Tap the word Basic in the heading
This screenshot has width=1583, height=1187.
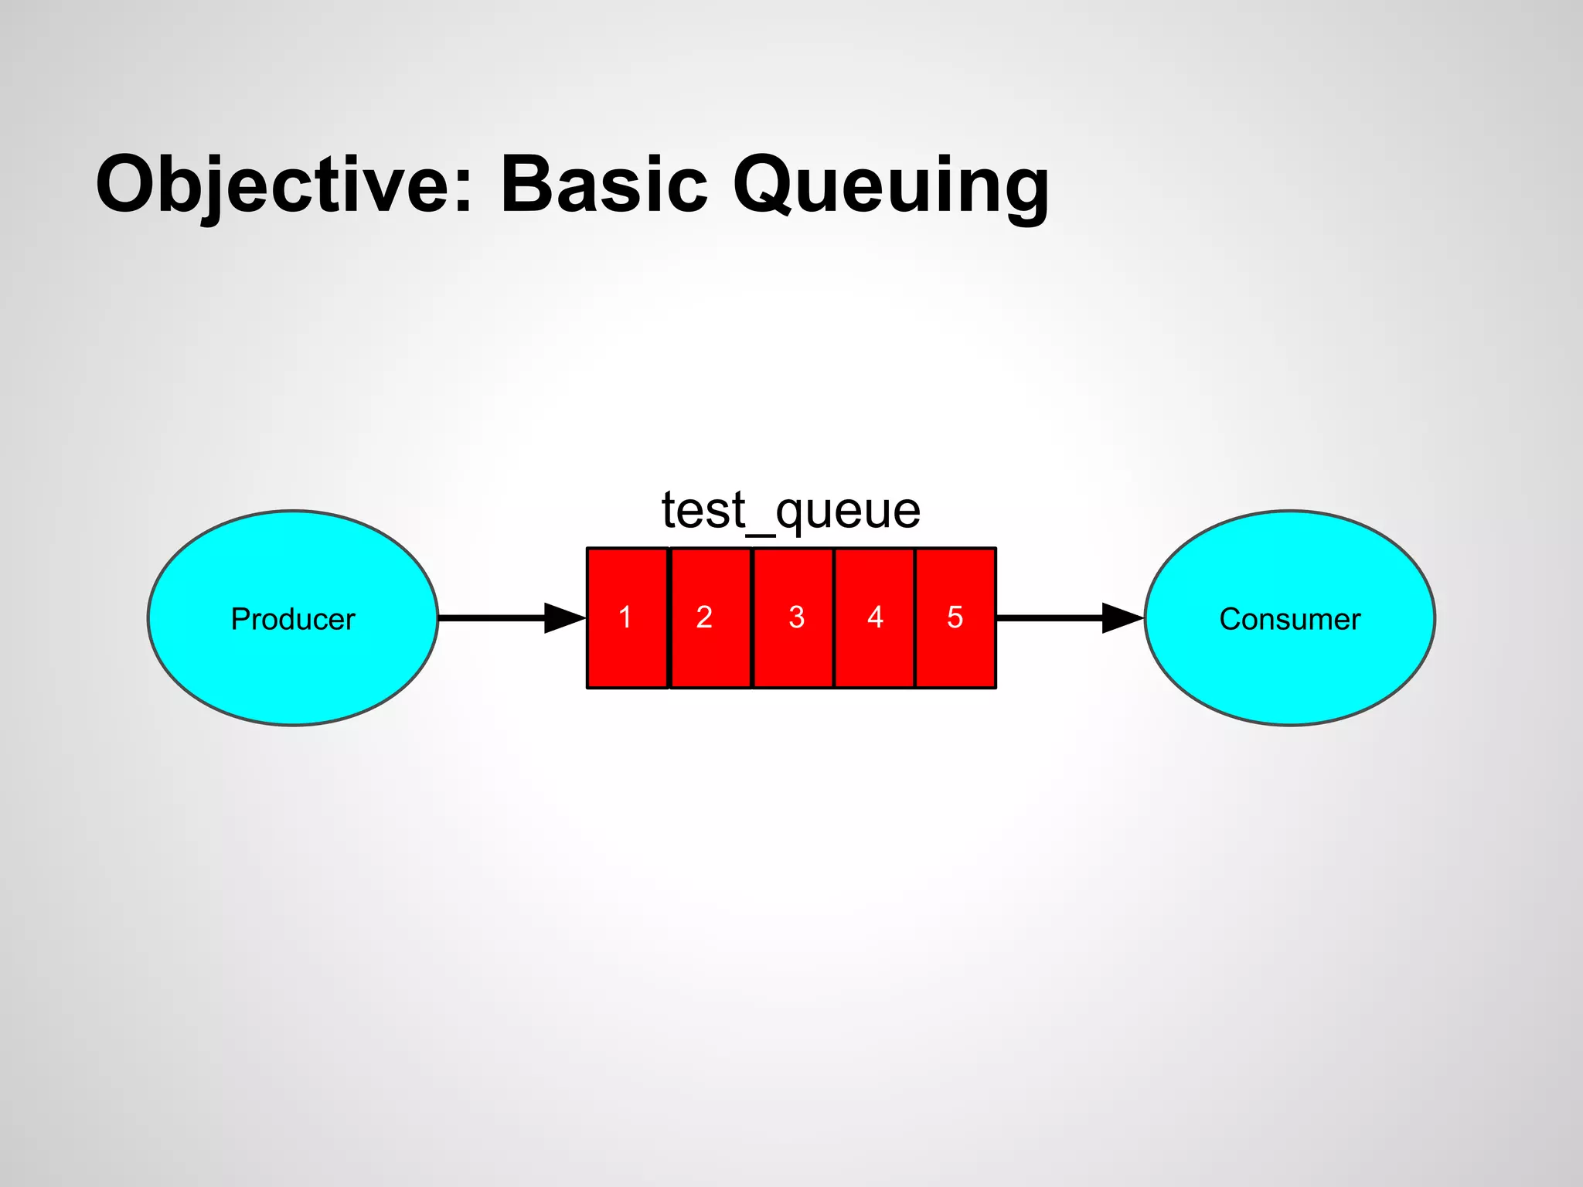(604, 185)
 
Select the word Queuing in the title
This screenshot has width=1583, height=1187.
(890, 185)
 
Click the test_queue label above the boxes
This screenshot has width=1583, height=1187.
(791, 511)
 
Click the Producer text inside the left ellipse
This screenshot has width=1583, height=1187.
(293, 619)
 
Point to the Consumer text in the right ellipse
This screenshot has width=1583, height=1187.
(1289, 619)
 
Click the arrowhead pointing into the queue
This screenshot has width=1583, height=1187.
(564, 617)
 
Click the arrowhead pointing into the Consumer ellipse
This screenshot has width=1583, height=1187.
(1122, 617)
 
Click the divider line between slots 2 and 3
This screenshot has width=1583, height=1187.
(752, 617)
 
